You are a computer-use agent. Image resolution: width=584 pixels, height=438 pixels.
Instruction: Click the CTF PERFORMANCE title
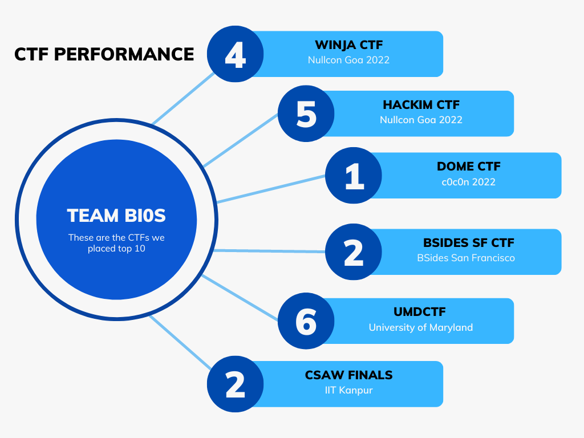104,54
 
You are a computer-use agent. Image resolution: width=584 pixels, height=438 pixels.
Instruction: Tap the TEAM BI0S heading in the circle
116,216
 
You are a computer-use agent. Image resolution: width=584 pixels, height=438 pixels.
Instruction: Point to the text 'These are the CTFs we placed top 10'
116,243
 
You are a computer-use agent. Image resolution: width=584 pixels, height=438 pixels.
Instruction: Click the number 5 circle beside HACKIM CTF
306,113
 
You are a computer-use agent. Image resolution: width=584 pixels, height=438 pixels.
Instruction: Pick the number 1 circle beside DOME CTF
354,175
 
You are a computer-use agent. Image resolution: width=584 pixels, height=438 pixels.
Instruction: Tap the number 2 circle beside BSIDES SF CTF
354,252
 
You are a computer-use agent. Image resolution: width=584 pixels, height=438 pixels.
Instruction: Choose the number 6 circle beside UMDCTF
306,321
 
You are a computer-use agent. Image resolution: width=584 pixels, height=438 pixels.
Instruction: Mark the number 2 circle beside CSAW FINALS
235,384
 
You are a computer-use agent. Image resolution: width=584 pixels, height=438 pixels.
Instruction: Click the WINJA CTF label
348,44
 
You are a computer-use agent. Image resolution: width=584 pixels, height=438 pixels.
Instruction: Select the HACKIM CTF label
421,105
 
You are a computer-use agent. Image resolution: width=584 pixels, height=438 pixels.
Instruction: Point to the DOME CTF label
468,167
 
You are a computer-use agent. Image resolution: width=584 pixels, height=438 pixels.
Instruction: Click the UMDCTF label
420,312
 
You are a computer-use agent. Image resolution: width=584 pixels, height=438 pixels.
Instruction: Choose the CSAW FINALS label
348,375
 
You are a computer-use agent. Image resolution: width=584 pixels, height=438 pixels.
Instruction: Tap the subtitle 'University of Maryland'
420,327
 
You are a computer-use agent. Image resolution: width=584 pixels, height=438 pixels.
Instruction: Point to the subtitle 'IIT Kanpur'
348,390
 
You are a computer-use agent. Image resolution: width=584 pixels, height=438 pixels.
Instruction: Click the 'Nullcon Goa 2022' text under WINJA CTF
348,59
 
